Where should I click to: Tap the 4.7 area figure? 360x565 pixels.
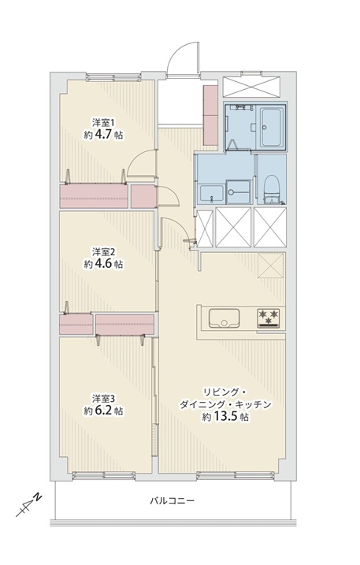103,135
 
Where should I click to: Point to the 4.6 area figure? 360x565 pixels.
103,264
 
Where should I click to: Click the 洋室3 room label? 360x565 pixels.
103,398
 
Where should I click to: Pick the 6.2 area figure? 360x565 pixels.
103,411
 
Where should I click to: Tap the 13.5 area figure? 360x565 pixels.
225,417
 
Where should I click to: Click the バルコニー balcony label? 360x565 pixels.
173,500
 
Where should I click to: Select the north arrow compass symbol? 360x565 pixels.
28,504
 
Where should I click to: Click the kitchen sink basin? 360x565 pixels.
225,318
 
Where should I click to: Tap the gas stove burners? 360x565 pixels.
269,318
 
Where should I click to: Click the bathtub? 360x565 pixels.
271,127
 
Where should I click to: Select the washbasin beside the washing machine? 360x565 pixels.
211,194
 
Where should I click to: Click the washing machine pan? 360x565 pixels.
238,192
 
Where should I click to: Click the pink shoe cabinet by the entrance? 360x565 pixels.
210,115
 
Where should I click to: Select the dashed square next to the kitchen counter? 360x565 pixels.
271,266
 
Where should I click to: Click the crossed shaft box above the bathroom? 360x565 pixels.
251,87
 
